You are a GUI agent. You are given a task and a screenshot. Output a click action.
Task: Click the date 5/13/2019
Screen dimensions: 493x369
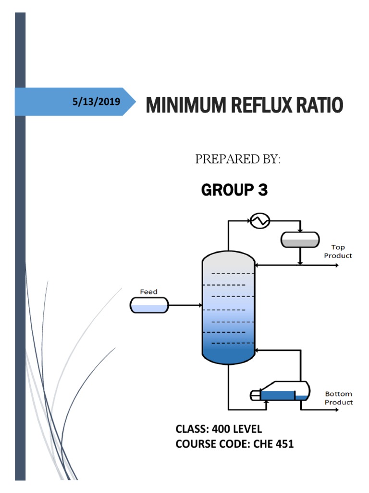(96, 102)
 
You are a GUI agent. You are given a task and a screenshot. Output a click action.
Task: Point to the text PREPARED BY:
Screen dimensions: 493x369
(237, 160)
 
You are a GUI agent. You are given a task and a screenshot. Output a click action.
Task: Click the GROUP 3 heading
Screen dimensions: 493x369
(234, 190)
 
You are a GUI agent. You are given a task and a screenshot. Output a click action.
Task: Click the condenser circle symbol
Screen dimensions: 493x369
(260, 221)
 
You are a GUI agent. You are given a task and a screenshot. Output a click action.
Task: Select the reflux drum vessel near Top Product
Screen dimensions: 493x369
(300, 239)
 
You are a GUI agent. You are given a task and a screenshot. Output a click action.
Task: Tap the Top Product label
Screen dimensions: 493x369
(338, 251)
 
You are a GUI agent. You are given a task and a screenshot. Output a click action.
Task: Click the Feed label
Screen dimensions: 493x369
(148, 291)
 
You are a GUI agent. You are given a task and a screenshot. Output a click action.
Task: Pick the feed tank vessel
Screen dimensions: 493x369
(149, 305)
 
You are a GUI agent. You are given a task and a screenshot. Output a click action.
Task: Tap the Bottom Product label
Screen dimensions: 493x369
(339, 398)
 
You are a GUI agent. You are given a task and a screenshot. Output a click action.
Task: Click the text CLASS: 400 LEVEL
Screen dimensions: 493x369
(219, 429)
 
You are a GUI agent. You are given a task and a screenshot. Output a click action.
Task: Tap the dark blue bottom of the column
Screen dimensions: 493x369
(228, 355)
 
